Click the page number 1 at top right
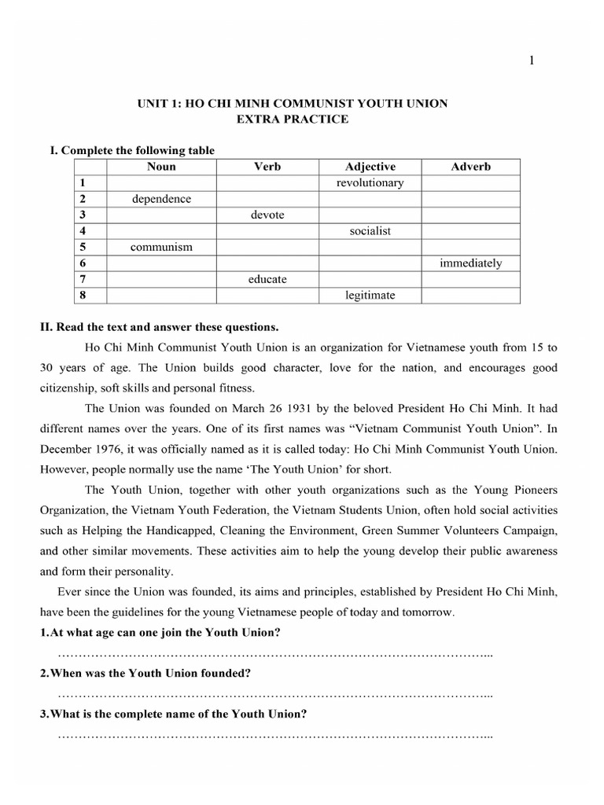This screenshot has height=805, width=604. pos(532,62)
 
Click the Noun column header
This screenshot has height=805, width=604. pos(161,167)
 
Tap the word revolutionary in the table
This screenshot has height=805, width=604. pos(370,183)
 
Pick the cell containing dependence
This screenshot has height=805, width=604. pos(161,199)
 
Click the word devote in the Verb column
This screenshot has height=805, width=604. pos(267,215)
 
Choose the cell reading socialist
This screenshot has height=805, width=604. pos(370,231)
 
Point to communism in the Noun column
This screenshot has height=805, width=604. pos(161,248)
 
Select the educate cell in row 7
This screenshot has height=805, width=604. pos(267,279)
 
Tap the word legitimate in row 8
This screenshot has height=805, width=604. pos(370,296)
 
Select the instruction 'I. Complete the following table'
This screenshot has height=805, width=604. pos(132,150)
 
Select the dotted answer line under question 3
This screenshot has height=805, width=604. pos(275,736)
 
